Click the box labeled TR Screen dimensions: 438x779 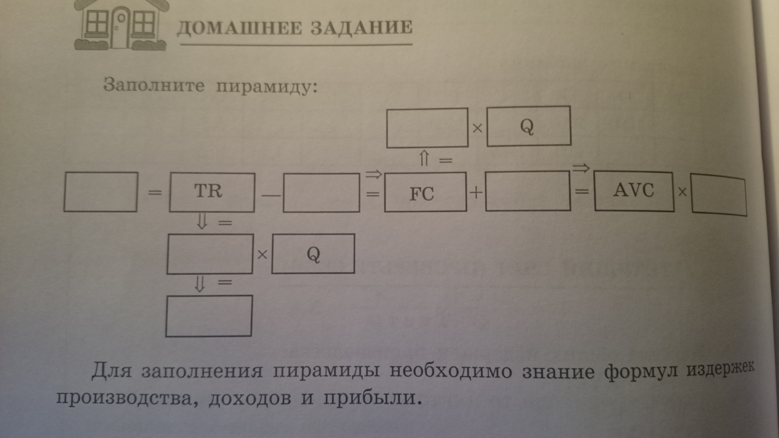(x=212, y=192)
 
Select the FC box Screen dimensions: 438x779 (x=425, y=192)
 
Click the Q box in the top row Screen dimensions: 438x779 (x=529, y=126)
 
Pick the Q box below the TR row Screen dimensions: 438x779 (x=313, y=254)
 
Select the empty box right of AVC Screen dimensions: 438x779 (x=718, y=194)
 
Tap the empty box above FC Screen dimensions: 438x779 (x=427, y=128)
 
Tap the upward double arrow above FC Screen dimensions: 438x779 (x=424, y=159)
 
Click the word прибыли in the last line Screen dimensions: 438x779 (x=372, y=398)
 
